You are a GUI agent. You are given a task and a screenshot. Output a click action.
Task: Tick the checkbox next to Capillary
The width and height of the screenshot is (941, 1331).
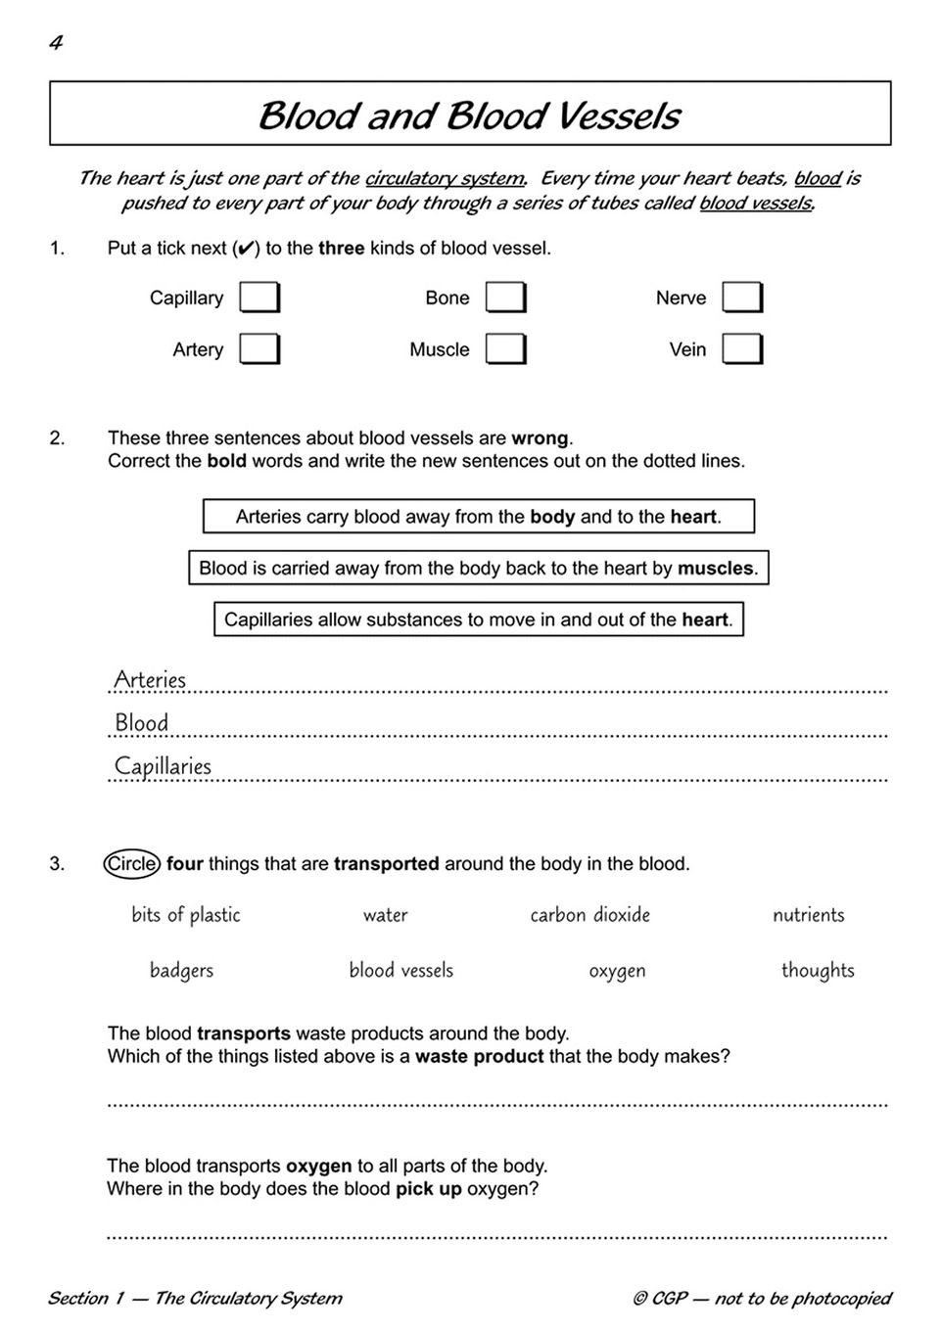click(259, 298)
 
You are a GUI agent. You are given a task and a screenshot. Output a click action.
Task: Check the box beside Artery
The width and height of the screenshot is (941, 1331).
click(259, 349)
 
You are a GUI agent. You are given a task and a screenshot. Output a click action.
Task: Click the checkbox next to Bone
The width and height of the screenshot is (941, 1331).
click(505, 298)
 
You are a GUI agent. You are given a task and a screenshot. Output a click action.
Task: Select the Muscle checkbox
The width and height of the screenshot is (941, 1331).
click(505, 349)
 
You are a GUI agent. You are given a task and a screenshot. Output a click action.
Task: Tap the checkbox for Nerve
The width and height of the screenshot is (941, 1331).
click(741, 298)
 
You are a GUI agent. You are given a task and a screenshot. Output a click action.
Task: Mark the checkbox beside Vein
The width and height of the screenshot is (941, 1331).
click(741, 349)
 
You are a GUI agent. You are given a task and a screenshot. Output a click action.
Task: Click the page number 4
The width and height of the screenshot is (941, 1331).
click(56, 43)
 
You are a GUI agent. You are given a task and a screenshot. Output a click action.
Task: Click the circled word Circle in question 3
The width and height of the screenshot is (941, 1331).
click(131, 864)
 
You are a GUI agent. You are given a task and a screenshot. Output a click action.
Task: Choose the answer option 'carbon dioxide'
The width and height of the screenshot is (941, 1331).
click(589, 915)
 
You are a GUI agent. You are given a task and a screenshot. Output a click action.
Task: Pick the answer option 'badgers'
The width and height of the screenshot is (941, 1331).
click(181, 971)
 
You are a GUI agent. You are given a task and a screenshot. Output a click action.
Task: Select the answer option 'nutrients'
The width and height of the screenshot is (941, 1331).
click(808, 915)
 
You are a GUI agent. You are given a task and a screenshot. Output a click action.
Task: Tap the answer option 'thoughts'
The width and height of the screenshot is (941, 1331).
click(818, 971)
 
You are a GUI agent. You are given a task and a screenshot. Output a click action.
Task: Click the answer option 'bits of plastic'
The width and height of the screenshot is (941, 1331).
click(186, 915)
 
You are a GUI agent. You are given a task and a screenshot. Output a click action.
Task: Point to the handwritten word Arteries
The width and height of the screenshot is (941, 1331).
click(150, 679)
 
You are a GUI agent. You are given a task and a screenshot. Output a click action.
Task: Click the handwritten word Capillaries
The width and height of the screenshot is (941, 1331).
click(163, 766)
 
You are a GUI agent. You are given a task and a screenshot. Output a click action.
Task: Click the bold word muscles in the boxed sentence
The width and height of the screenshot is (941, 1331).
click(715, 569)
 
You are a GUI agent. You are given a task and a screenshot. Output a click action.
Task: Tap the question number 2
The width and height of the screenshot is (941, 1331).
click(57, 438)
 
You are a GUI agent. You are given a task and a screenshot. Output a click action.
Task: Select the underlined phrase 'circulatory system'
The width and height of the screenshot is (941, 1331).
click(444, 178)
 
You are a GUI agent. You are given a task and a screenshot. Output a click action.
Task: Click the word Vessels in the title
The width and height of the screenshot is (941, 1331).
click(616, 115)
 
